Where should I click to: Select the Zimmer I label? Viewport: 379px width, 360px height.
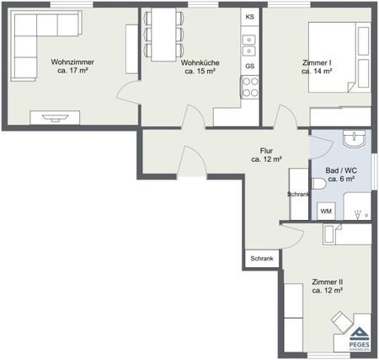pos(316,67)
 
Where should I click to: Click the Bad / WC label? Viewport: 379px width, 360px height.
pos(339,175)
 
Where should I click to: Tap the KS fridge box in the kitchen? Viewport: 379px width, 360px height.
pos(249,17)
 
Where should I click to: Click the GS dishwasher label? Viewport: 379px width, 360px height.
pos(249,66)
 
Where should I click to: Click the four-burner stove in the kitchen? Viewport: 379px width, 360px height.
pos(250,86)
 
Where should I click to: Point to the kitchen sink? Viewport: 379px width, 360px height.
pos(249,39)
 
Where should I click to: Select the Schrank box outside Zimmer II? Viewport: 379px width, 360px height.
pos(260,259)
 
